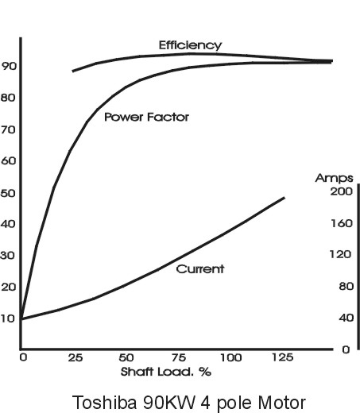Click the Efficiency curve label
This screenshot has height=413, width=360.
[190, 45]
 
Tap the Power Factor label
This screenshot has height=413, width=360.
[146, 117]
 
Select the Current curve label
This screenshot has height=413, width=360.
[199, 269]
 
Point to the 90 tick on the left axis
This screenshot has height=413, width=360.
[9, 66]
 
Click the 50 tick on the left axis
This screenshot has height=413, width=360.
[9, 193]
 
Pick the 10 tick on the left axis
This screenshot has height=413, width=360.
[9, 318]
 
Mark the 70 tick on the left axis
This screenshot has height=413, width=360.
[9, 129]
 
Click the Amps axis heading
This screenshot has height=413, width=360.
[329, 178]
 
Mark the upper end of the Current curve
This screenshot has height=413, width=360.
[285, 197]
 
